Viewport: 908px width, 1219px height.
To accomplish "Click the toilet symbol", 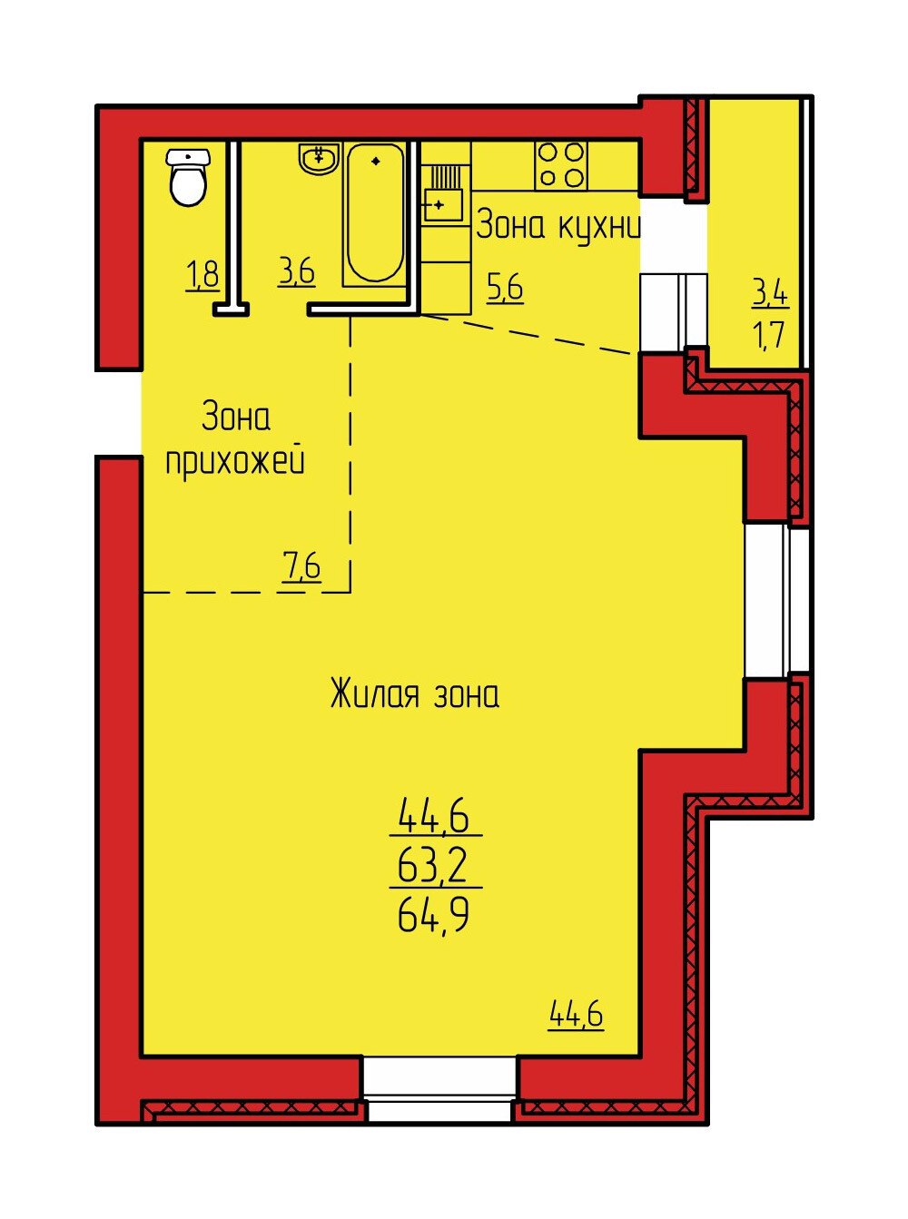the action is pos(188,177).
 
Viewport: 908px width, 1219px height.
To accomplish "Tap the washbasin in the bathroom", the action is pos(319,158).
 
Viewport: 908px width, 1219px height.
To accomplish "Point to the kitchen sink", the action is pos(443,193).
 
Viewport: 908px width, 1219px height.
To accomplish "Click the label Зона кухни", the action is pos(558,226).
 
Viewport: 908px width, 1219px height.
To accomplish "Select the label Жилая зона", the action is pos(415,694).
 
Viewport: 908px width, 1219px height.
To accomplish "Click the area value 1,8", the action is pos(203,274).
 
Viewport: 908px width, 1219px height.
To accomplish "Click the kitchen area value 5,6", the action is pos(505,288).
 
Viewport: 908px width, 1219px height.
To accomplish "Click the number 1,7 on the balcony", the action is pos(769,335).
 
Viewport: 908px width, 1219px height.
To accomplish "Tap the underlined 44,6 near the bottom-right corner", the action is pos(576,1014).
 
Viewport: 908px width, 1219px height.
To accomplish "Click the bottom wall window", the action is pos(439,1084).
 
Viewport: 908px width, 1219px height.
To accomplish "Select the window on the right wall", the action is pos(776,601).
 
